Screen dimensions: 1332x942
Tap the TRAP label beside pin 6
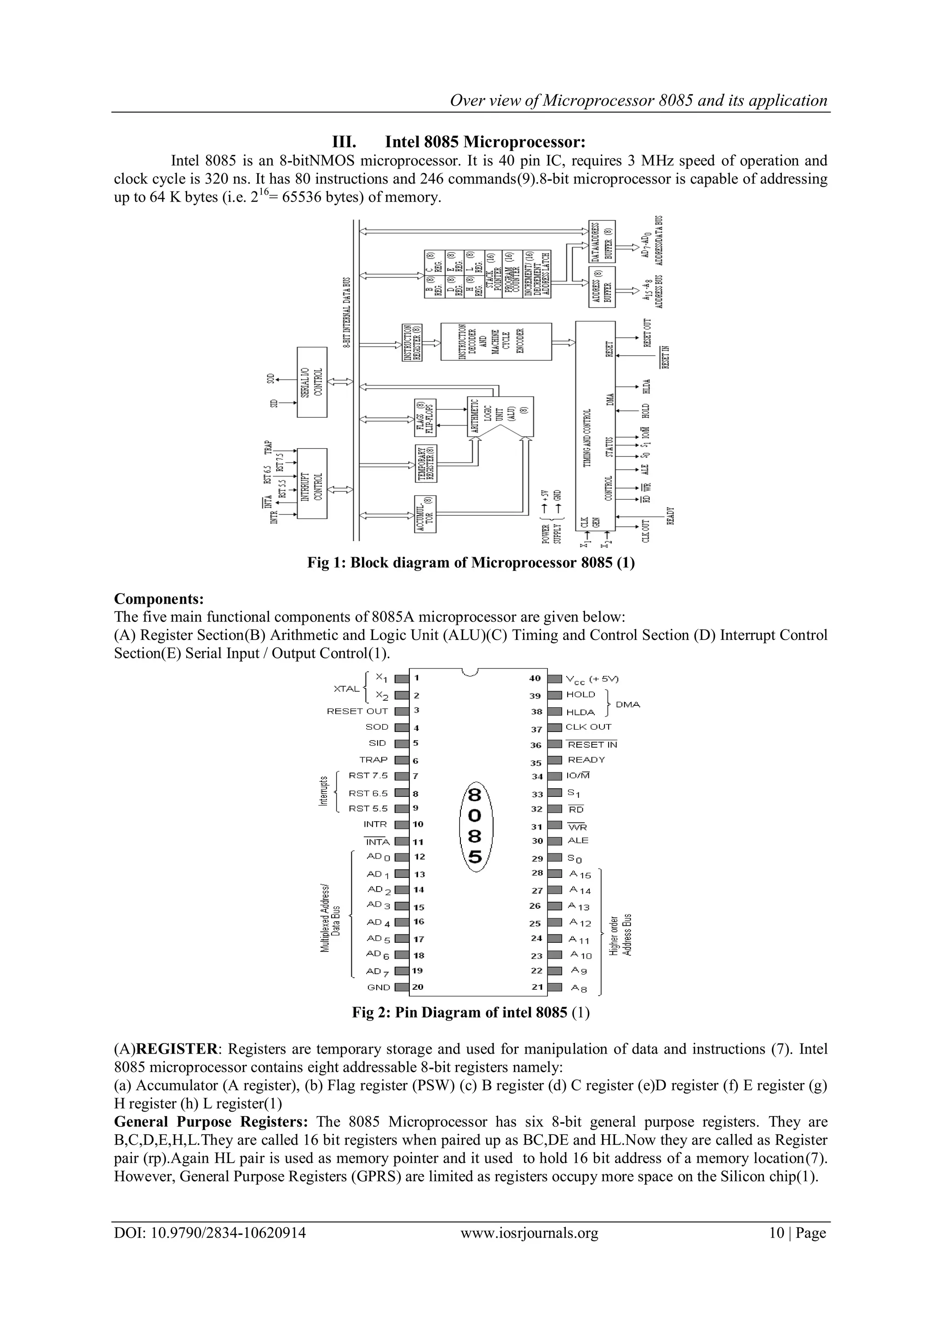point(373,760)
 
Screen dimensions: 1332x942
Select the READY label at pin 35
point(586,760)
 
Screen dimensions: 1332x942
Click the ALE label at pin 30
point(578,840)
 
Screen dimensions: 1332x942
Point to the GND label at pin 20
point(379,987)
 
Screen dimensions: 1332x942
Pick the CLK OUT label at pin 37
point(588,727)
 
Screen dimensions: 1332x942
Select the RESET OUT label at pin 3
point(357,711)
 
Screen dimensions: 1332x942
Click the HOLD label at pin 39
point(580,694)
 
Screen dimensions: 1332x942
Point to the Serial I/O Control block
point(312,382)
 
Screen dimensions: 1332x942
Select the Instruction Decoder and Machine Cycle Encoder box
point(496,342)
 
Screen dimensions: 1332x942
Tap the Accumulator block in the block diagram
point(425,514)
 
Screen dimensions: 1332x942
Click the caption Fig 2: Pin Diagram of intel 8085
point(471,1012)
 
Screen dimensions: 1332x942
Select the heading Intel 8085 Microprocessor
point(458,142)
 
